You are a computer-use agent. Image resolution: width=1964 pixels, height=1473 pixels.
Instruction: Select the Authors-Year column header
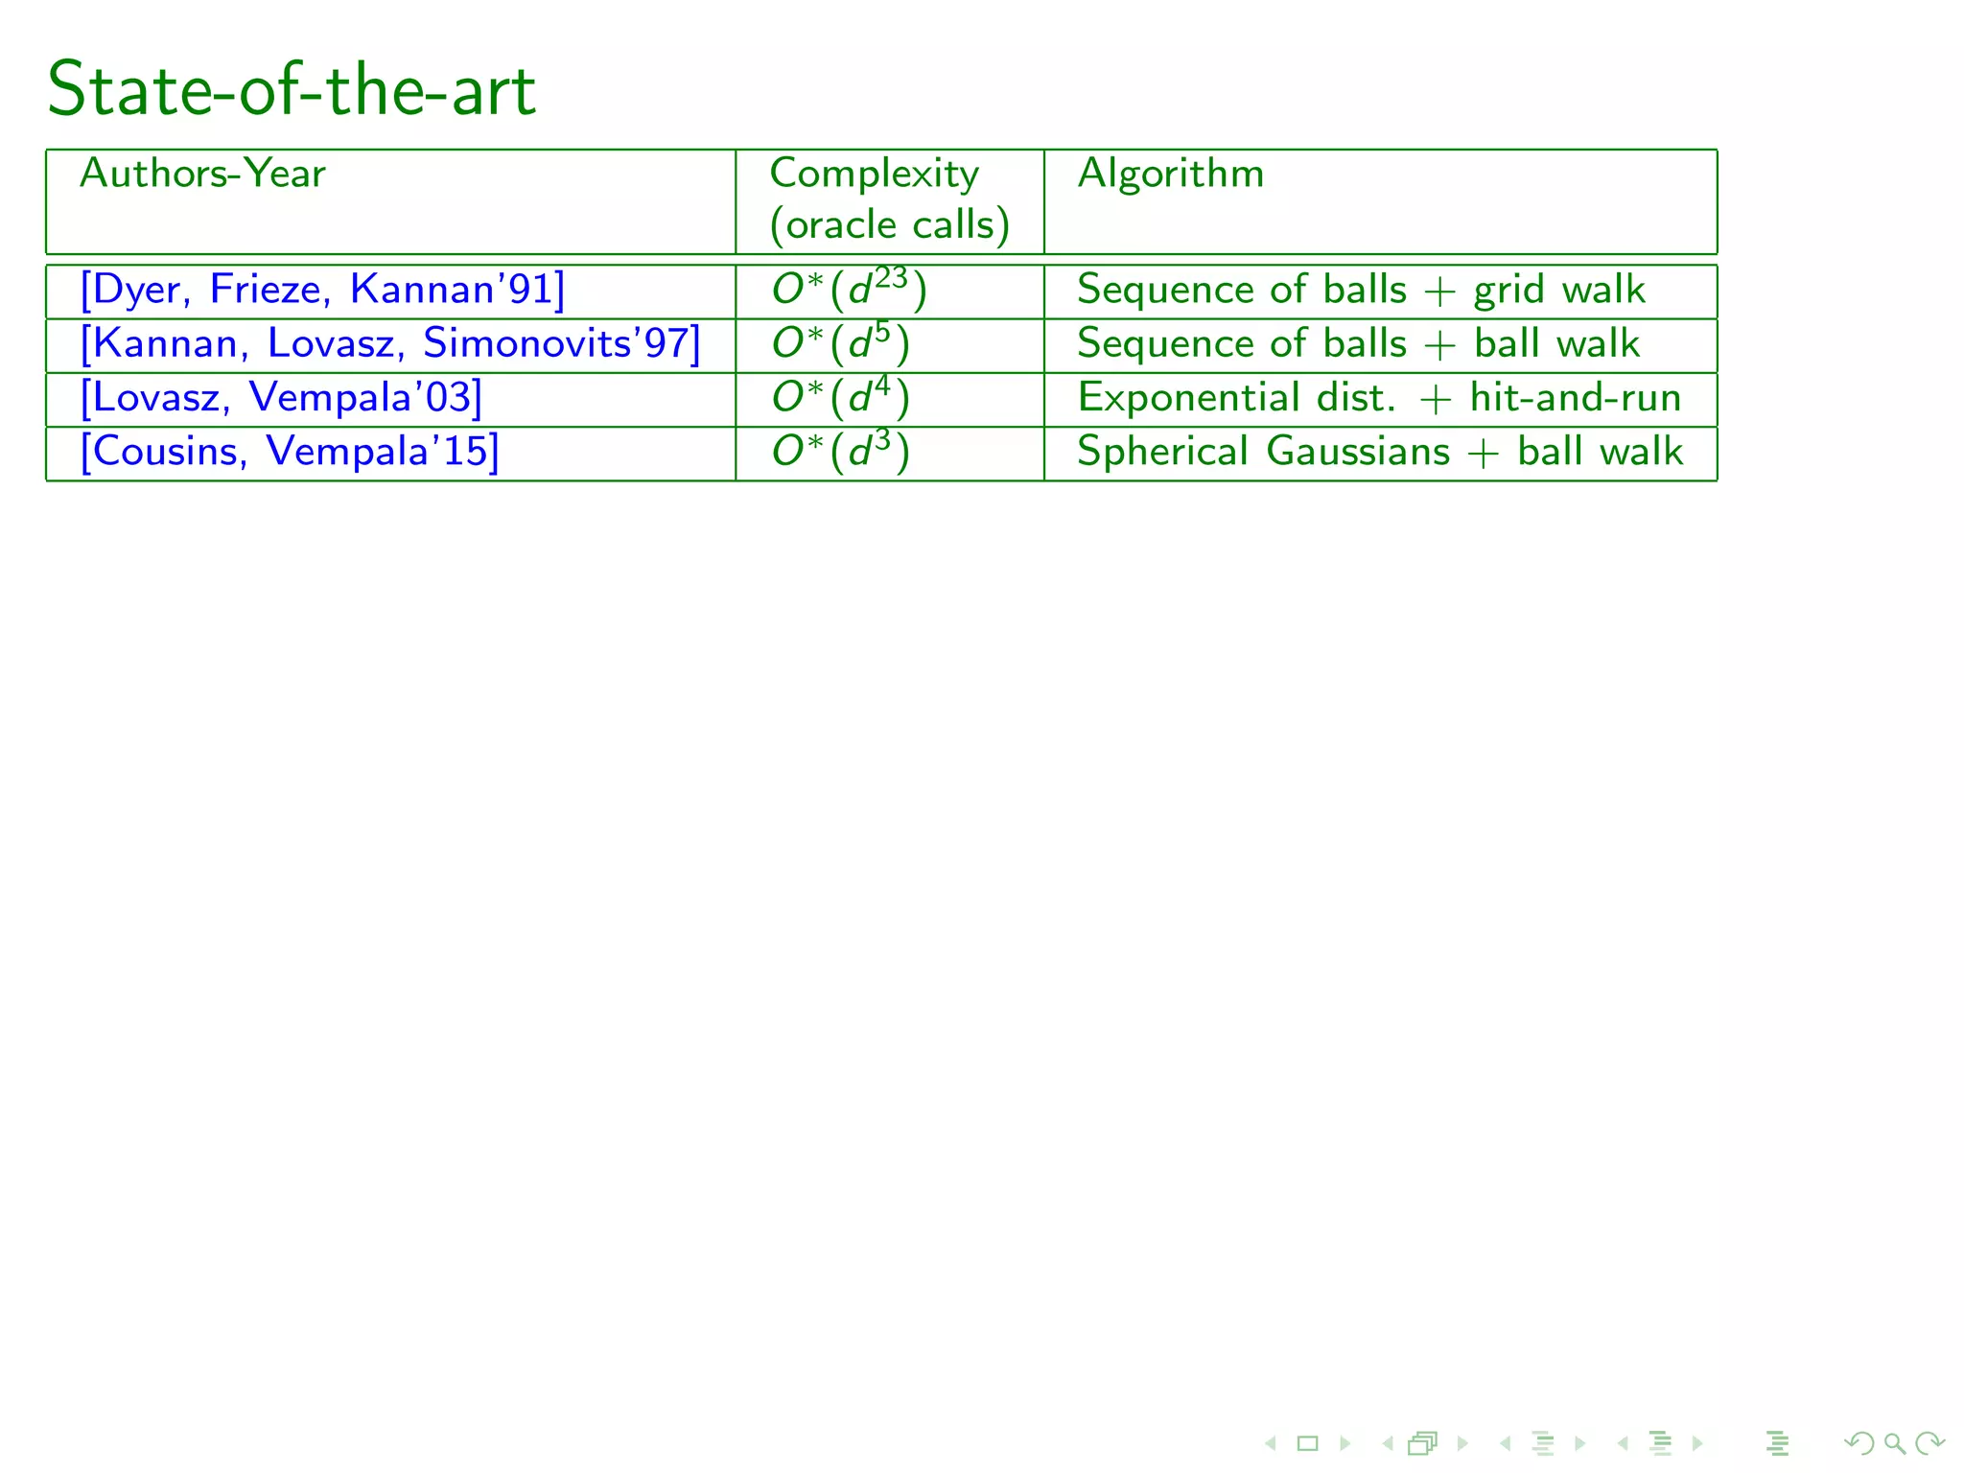[202, 174]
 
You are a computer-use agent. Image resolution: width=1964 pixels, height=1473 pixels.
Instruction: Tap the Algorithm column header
[1170, 174]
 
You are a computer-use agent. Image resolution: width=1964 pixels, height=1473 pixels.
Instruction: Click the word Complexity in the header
[874, 174]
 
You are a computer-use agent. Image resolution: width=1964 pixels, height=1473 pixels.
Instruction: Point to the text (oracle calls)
[889, 225]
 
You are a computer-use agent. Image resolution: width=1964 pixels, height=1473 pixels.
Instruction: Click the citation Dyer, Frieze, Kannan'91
[322, 290]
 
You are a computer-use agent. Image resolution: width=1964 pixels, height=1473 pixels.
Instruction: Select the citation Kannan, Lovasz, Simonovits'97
[390, 343]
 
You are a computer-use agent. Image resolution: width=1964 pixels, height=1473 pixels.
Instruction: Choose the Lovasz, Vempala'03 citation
[281, 397]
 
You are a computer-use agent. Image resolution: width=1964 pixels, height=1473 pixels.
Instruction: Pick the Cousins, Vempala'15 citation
[290, 451]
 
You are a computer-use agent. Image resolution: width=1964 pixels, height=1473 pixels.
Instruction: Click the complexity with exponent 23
[849, 290]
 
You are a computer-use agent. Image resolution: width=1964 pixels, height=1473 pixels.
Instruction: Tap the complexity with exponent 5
[840, 343]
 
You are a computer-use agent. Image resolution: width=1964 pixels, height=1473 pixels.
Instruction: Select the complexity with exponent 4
[840, 397]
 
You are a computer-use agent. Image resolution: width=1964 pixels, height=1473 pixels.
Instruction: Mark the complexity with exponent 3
[840, 451]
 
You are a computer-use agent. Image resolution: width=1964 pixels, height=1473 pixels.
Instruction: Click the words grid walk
[1559, 290]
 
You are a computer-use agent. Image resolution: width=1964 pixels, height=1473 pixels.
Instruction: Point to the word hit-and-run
[1576, 397]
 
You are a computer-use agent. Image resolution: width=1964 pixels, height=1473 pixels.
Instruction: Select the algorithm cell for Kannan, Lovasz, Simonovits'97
[1358, 343]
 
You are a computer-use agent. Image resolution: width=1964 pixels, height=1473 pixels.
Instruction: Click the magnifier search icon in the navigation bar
[1894, 1442]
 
